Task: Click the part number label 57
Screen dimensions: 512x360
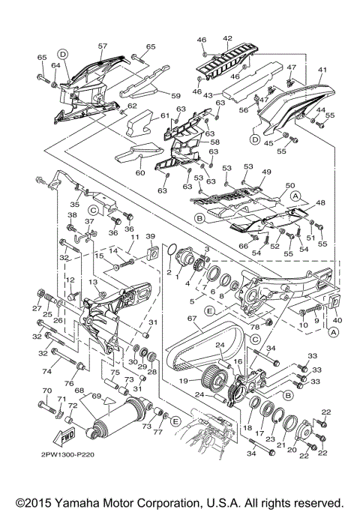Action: click(103, 45)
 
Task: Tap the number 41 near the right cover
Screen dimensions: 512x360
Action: click(323, 70)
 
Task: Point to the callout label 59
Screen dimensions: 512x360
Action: click(176, 96)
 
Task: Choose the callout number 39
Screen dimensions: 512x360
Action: click(149, 237)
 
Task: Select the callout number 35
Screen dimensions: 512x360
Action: click(74, 203)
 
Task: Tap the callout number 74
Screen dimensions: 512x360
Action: click(46, 370)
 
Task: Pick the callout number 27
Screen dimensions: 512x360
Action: click(34, 307)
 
